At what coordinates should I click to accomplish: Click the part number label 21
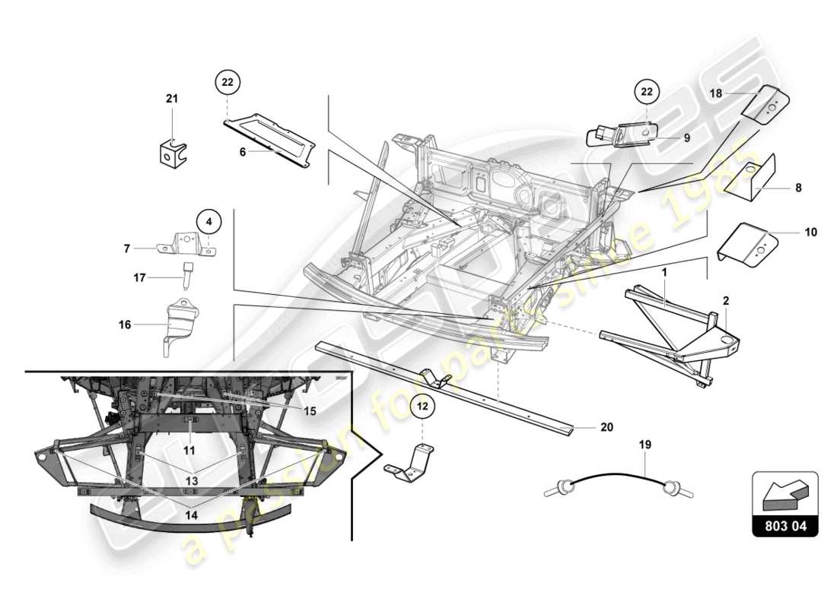(171, 98)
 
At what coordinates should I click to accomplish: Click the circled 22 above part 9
(646, 91)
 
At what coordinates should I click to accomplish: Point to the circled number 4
(211, 222)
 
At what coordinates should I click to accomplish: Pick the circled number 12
(424, 407)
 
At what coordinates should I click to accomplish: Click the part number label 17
(139, 278)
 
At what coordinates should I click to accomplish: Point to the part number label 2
(725, 301)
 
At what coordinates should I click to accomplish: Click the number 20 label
(606, 427)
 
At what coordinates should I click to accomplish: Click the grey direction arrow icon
(784, 496)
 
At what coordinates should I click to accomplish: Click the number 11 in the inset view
(189, 450)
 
